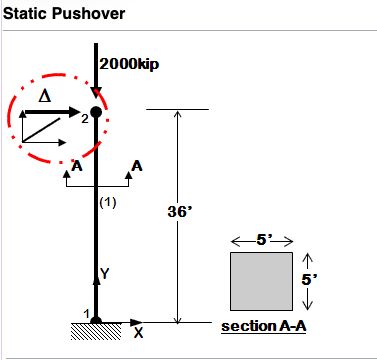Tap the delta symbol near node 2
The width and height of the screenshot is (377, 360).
(43, 96)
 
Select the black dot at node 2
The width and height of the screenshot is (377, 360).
(95, 113)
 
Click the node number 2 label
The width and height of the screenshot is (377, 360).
(85, 119)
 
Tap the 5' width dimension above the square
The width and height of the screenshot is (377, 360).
(261, 240)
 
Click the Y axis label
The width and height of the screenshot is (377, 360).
(105, 272)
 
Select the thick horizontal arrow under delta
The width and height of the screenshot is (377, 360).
(54, 114)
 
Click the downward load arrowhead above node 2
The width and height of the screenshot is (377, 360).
(95, 96)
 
